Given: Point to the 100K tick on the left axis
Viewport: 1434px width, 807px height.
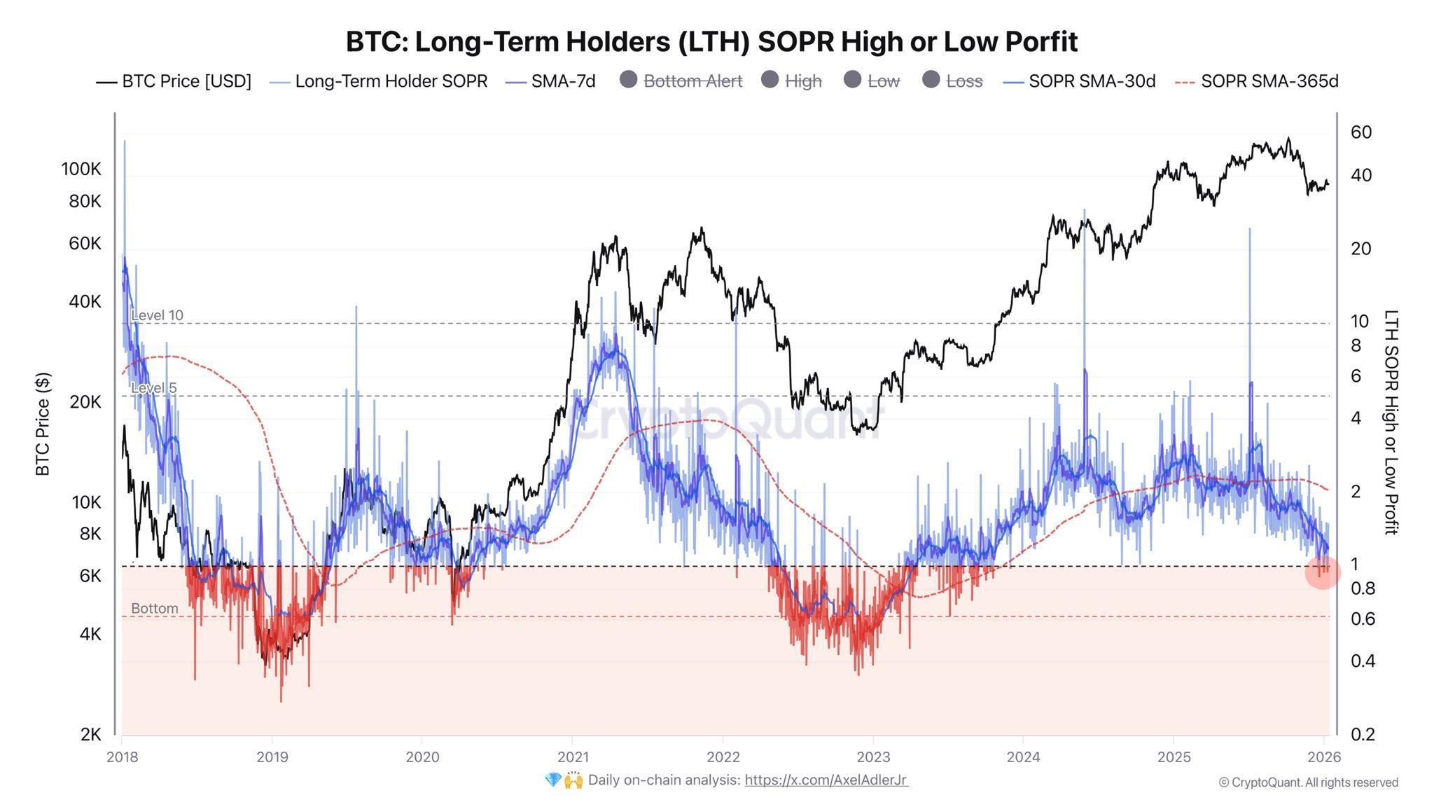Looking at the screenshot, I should coord(81,169).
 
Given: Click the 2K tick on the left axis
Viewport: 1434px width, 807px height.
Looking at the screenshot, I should coord(90,734).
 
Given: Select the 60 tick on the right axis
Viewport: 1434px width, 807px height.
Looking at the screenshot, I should coord(1360,132).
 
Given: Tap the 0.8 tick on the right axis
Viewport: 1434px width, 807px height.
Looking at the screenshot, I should coord(1363,588).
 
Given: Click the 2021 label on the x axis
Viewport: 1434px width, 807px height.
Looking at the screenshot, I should coord(572,757).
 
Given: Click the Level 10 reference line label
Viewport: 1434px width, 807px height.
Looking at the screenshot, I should coord(157,315).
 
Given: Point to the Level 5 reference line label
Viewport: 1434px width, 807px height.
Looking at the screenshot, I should coord(153,388).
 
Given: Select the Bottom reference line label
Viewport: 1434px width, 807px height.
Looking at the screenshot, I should coord(154,608).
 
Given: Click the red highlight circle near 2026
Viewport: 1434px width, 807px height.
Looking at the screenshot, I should coord(1322,572).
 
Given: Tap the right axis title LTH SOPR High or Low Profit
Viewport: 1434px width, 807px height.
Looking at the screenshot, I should coord(1391,422).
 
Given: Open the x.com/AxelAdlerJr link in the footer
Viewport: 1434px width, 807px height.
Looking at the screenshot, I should coord(826,780).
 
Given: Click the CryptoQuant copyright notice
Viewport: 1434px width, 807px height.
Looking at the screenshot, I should coord(1308,782).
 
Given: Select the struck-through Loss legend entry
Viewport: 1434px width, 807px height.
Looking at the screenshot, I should coord(963,81).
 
